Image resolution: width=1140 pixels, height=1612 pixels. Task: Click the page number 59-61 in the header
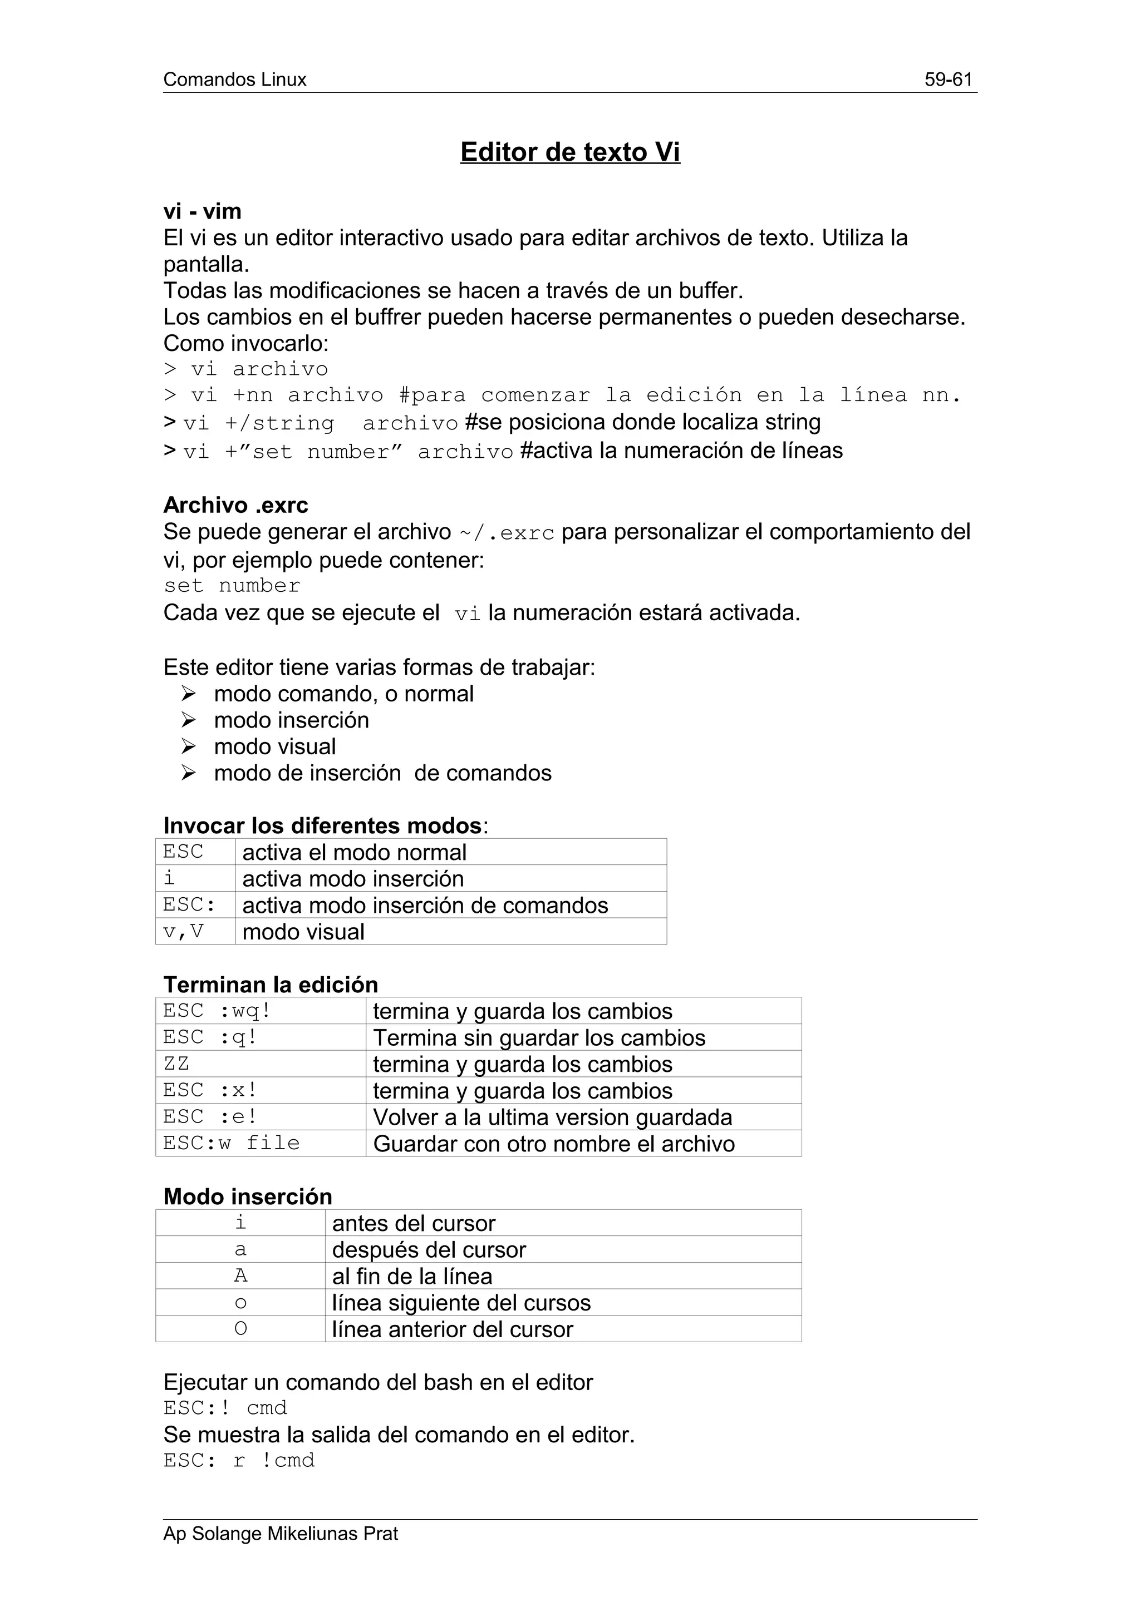[x=949, y=80]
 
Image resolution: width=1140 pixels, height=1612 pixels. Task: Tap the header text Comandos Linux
[x=234, y=80]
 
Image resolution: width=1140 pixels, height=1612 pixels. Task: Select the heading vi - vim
[x=202, y=211]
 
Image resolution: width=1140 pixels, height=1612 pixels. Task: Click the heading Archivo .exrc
[x=235, y=505]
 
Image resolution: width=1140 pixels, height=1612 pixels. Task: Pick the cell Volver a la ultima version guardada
[x=552, y=1117]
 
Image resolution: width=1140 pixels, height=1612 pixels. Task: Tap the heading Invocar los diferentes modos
[x=322, y=825]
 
